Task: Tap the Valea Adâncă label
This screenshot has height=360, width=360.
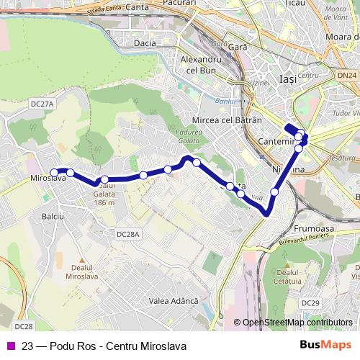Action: (x=172, y=300)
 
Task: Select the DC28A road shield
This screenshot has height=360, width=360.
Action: (x=128, y=234)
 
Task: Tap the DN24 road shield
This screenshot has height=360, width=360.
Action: (x=346, y=75)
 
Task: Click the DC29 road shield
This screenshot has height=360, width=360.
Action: (x=311, y=303)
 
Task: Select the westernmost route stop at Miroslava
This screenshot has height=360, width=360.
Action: (x=53, y=171)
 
